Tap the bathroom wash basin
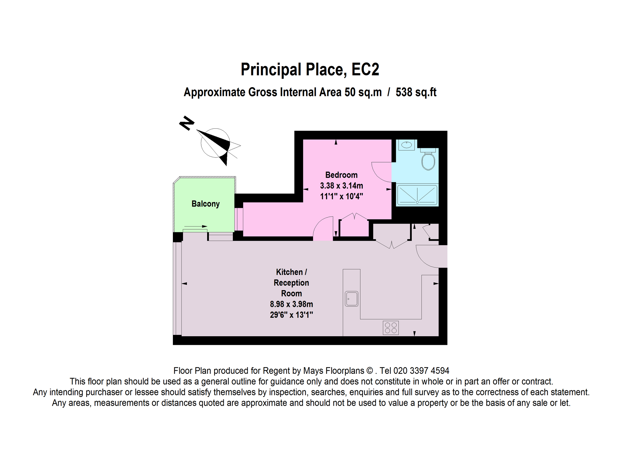407,145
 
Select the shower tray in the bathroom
417,195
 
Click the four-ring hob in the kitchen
391,328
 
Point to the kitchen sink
351,299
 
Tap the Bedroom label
341,175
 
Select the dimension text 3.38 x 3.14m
341,186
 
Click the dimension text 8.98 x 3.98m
291,304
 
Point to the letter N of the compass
187,123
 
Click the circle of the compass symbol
215,143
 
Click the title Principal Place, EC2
310,70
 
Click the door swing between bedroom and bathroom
381,172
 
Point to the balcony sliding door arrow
196,226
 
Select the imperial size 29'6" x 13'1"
291,315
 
